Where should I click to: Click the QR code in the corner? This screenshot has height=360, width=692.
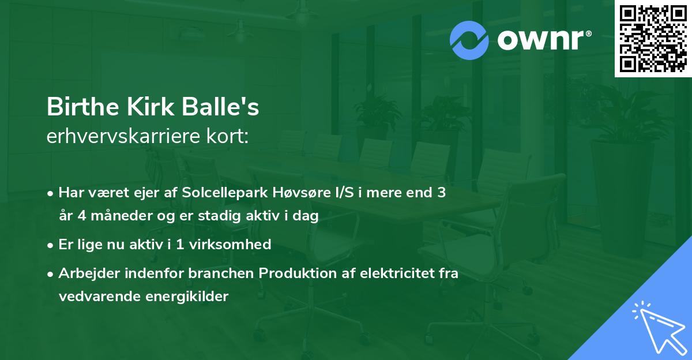point(652,38)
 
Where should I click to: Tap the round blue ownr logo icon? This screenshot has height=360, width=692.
point(469,40)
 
